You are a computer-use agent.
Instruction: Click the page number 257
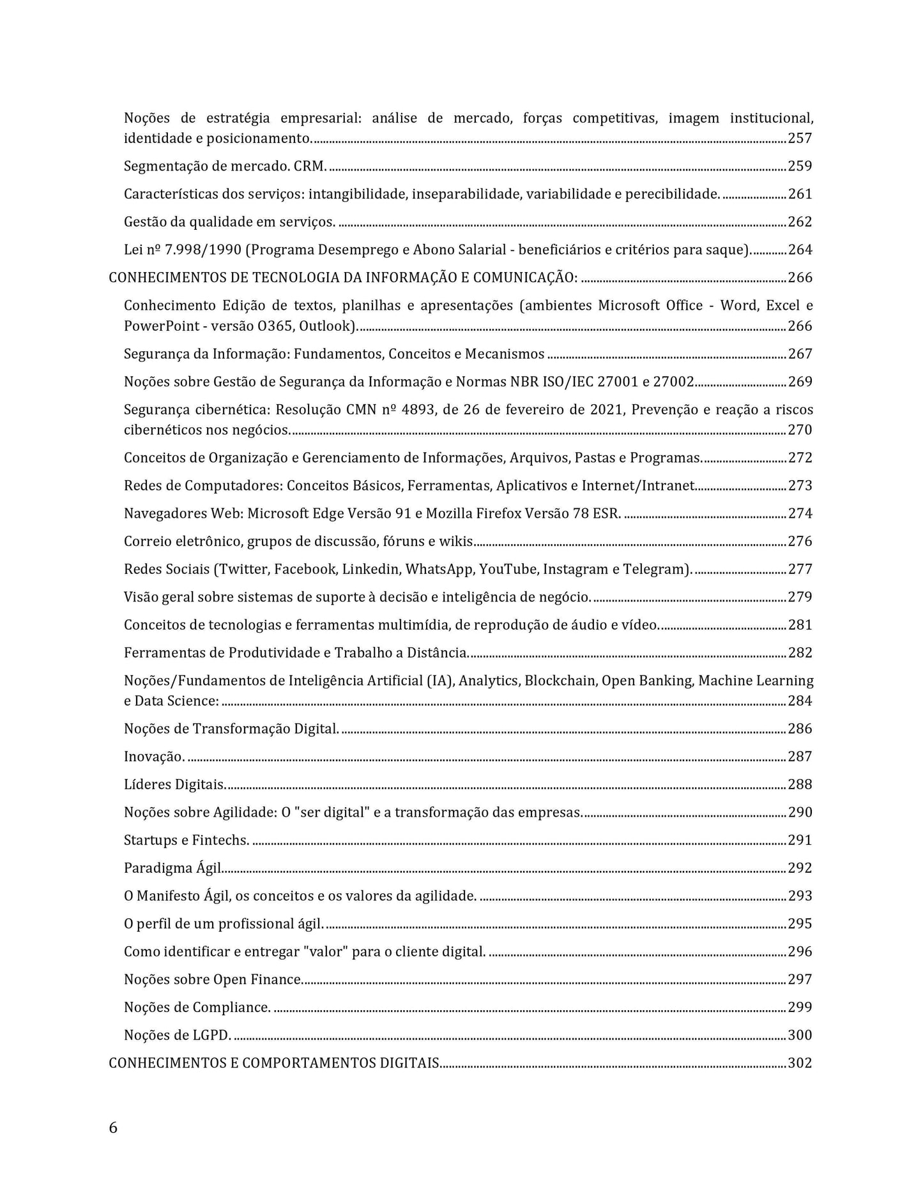pos(800,138)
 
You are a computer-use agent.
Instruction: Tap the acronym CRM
pos(310,166)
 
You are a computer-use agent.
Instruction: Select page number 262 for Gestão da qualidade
pos(800,222)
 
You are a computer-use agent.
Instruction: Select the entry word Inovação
pos(154,757)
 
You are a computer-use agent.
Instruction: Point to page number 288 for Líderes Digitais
pos(800,784)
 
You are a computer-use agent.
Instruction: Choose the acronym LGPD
pos(211,1035)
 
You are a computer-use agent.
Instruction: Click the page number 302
pos(800,1063)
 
